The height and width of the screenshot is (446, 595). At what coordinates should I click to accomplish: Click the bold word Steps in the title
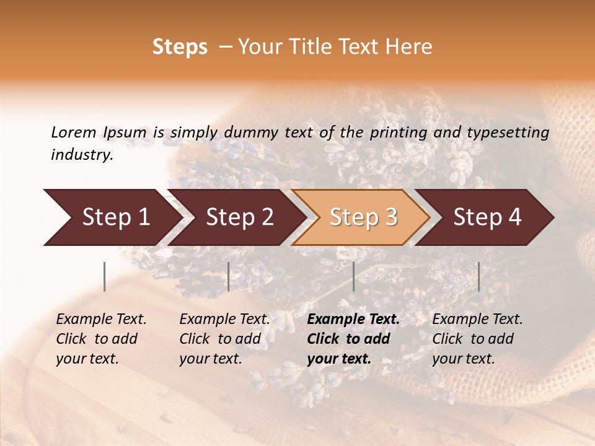click(180, 48)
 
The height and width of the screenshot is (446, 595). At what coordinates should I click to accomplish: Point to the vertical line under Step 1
click(105, 276)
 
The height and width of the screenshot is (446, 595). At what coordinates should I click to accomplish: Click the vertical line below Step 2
click(229, 276)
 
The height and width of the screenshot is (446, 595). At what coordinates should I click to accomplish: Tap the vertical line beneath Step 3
click(353, 276)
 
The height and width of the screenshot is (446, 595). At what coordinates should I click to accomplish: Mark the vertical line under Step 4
click(478, 276)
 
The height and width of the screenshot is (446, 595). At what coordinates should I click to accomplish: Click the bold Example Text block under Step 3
click(353, 339)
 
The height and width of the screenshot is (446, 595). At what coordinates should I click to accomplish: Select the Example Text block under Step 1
click(101, 339)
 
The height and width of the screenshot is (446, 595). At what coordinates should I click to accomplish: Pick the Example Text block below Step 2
click(224, 339)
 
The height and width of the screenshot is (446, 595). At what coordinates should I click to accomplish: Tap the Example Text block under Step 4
click(477, 339)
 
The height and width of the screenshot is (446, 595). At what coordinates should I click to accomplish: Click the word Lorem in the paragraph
click(73, 133)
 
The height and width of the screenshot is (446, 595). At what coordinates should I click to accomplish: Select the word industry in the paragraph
click(81, 155)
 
